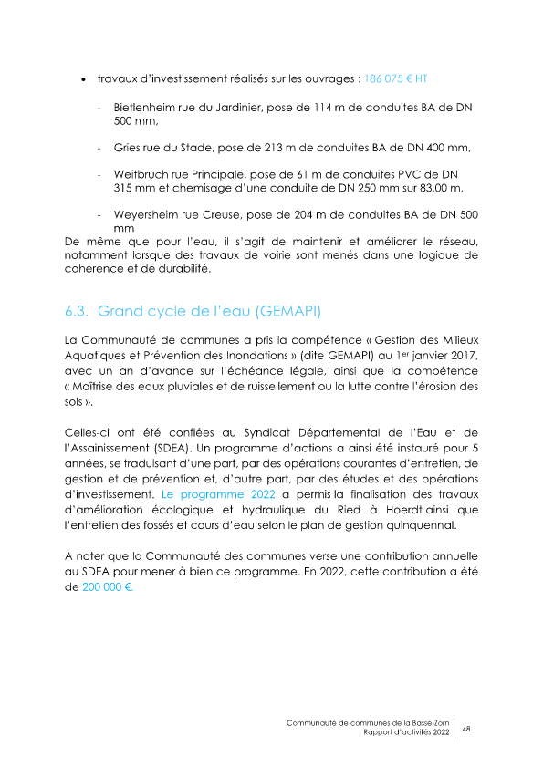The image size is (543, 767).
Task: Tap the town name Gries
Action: click(128, 147)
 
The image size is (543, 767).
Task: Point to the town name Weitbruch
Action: click(141, 174)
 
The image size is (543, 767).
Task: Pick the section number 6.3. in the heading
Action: click(77, 311)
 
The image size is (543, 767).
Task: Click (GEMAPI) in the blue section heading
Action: click(290, 311)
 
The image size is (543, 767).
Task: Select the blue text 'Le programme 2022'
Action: click(205, 492)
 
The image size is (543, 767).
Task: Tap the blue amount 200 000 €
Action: click(108, 588)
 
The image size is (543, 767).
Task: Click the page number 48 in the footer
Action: click(466, 728)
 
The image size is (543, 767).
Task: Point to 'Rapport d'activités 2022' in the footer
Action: click(406, 733)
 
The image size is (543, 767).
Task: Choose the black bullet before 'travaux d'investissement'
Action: click(84, 79)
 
